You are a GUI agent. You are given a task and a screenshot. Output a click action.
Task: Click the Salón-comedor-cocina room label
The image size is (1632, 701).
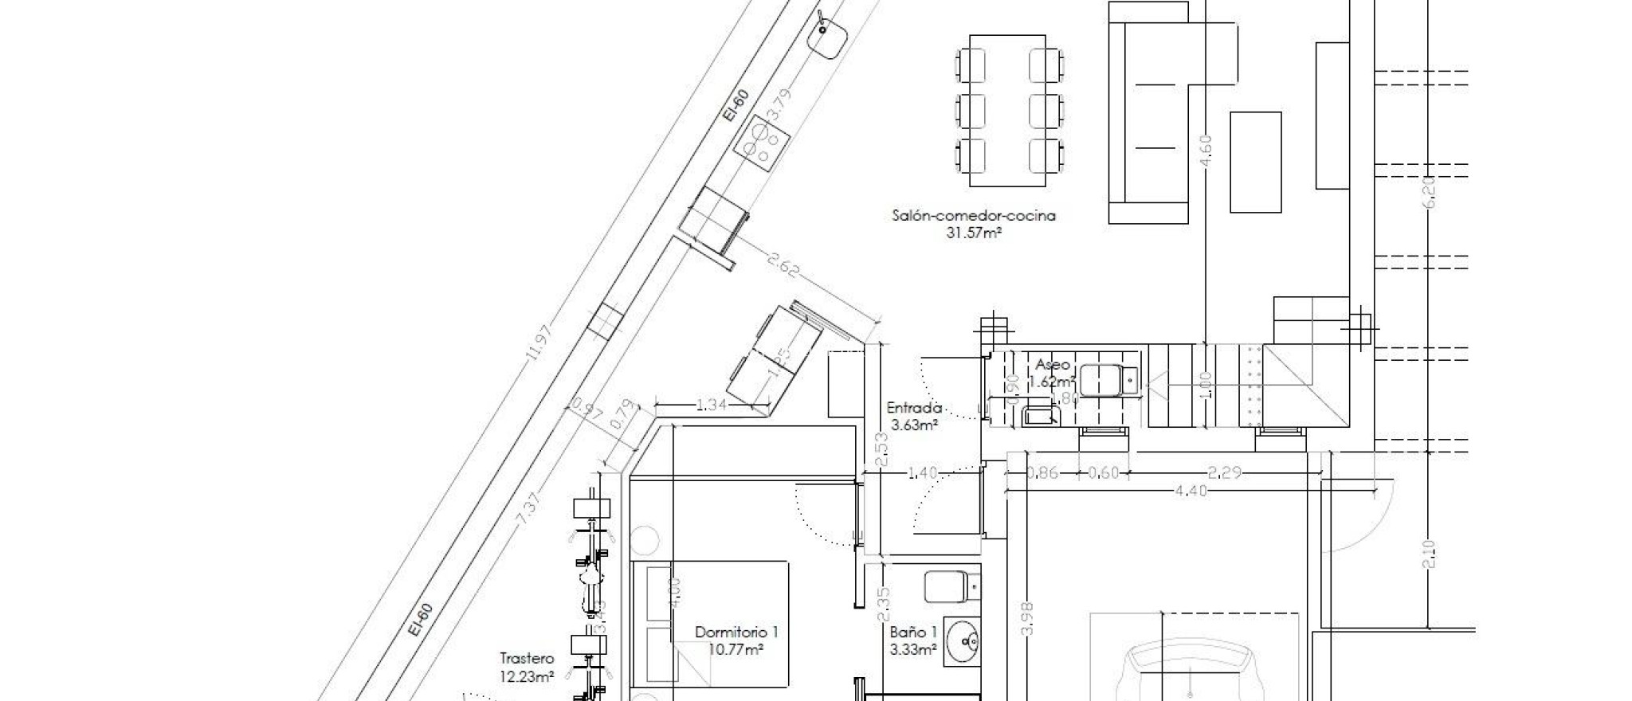click(x=974, y=216)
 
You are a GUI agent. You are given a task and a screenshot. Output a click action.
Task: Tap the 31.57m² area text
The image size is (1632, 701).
click(x=974, y=233)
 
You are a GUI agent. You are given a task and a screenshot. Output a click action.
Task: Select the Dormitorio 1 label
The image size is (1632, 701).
click(x=736, y=632)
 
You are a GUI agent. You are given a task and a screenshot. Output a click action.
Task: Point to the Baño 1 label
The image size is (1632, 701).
click(x=913, y=632)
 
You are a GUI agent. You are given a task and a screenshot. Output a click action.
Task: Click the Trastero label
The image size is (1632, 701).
click(x=527, y=659)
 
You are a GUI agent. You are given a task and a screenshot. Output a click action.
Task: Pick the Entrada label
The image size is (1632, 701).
click(x=914, y=408)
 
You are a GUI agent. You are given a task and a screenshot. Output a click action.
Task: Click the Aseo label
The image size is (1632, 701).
click(x=1053, y=365)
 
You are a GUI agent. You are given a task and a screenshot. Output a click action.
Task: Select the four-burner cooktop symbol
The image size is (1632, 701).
click(x=205, y=143)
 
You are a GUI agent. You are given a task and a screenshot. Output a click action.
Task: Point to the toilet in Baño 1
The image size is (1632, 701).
click(x=951, y=587)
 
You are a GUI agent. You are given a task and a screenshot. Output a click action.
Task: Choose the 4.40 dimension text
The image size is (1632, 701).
click(x=1191, y=491)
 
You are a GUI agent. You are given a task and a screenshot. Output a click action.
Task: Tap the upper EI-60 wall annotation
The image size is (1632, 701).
click(x=736, y=105)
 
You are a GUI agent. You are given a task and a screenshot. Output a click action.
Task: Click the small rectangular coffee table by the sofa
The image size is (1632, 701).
click(x=1255, y=162)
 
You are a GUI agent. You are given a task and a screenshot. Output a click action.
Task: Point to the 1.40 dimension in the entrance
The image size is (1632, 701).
click(x=922, y=473)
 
